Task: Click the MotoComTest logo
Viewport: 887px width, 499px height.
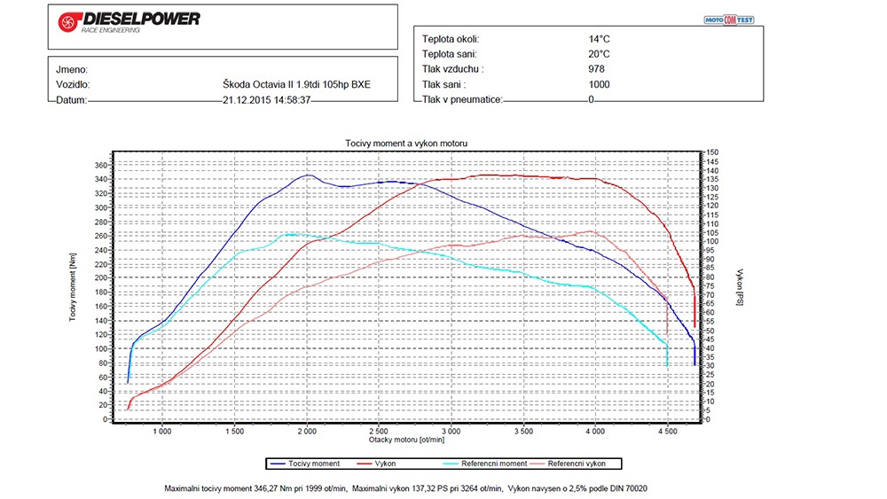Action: (x=728, y=19)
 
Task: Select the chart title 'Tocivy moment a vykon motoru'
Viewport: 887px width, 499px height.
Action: (x=405, y=143)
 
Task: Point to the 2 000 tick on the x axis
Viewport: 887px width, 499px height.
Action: (x=307, y=431)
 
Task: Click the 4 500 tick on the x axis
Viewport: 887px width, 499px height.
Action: (x=666, y=431)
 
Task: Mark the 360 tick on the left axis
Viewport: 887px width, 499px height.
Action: (x=101, y=165)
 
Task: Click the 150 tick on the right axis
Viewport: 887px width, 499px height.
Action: (x=712, y=152)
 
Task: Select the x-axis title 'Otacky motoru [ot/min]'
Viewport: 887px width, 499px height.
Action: (x=407, y=440)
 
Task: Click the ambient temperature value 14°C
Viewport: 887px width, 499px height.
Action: (x=599, y=39)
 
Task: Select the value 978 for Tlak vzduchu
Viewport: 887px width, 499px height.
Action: (x=596, y=69)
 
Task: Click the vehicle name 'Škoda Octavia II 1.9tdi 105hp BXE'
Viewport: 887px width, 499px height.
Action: (x=297, y=85)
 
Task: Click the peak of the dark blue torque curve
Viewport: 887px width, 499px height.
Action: (x=307, y=175)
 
